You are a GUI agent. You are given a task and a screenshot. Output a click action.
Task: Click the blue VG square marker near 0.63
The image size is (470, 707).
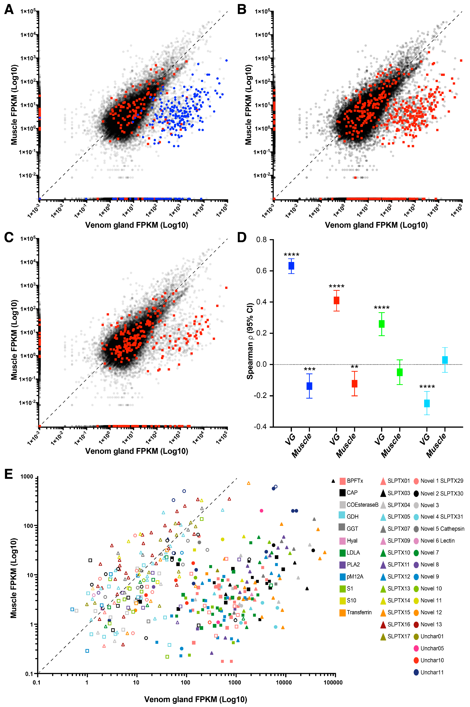click(x=291, y=266)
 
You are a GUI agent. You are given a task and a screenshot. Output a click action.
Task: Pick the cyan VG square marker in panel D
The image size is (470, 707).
click(x=427, y=403)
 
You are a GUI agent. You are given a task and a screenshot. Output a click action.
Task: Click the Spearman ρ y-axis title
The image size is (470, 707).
click(x=250, y=341)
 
